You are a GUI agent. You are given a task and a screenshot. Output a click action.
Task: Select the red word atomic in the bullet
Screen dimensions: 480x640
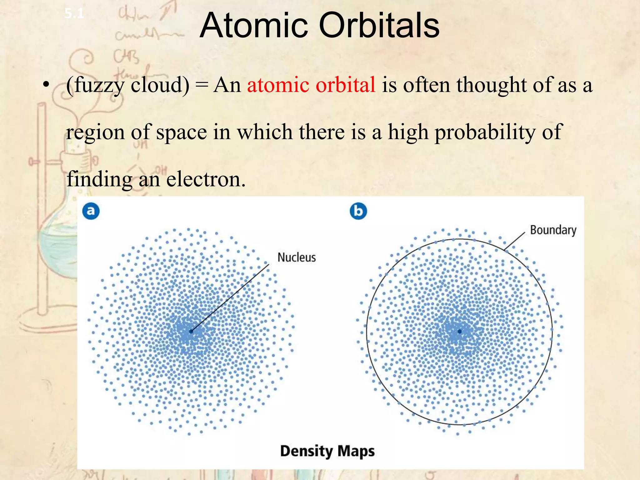278,85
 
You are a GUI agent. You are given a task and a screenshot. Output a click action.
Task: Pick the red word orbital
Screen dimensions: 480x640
345,85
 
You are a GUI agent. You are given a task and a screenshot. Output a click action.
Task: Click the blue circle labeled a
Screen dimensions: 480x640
91,211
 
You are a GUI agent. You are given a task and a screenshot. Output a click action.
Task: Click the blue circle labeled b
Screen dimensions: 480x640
358,211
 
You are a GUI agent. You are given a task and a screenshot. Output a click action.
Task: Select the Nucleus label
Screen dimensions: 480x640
297,257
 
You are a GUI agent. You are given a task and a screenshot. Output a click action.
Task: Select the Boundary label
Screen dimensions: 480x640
553,230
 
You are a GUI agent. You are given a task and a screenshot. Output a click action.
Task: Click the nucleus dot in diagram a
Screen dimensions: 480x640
191,331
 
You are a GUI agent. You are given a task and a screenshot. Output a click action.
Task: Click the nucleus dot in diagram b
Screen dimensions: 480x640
459,331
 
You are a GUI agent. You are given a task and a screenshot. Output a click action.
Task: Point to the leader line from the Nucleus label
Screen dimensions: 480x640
230,297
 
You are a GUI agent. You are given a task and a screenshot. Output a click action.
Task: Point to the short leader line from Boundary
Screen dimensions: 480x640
514,241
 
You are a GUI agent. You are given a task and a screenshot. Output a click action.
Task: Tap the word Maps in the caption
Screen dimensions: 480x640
356,451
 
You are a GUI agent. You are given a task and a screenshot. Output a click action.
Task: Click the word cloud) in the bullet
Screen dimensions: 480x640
160,85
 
